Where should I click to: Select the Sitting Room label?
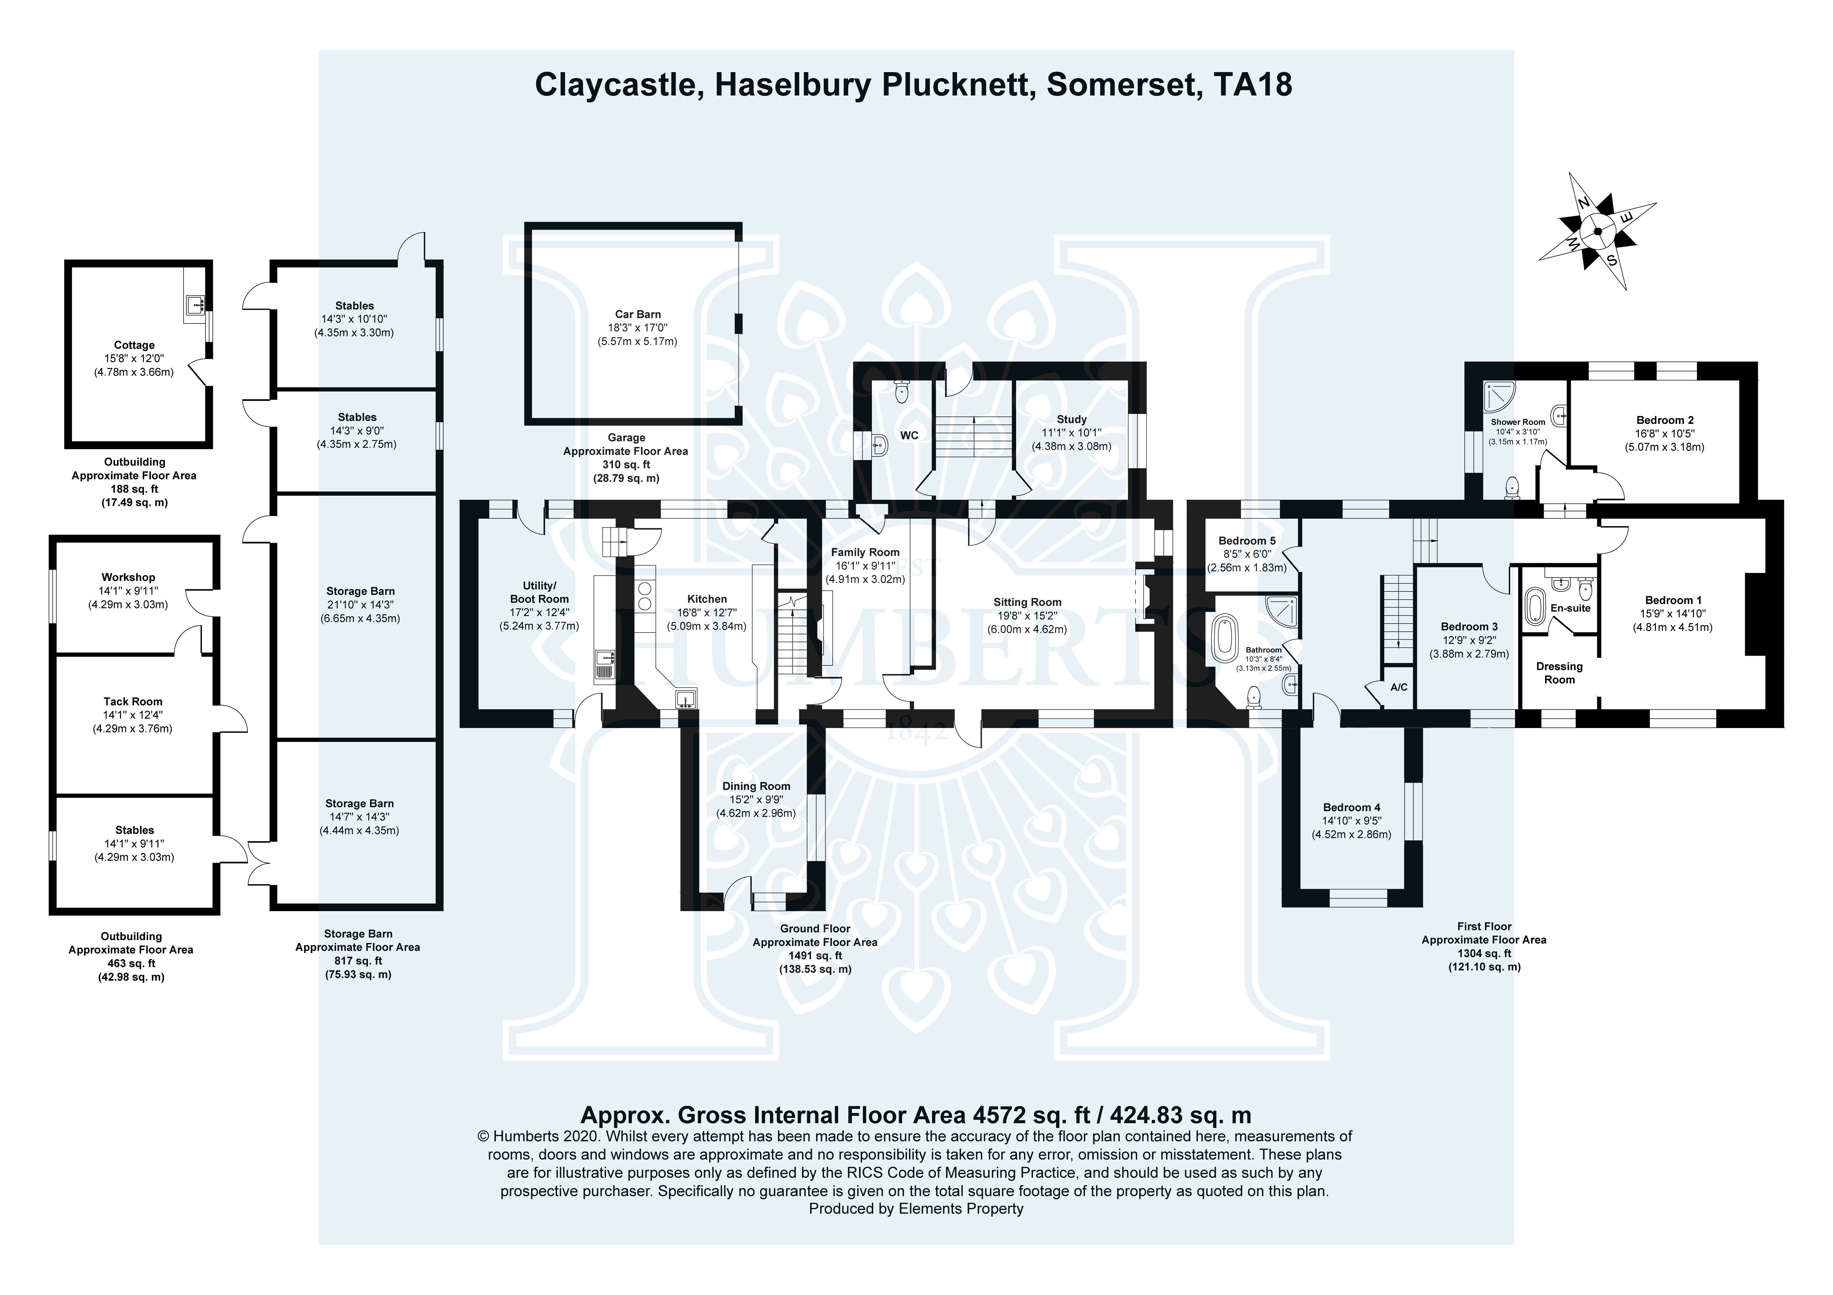(x=1028, y=602)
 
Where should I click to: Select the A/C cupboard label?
(x=1399, y=687)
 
